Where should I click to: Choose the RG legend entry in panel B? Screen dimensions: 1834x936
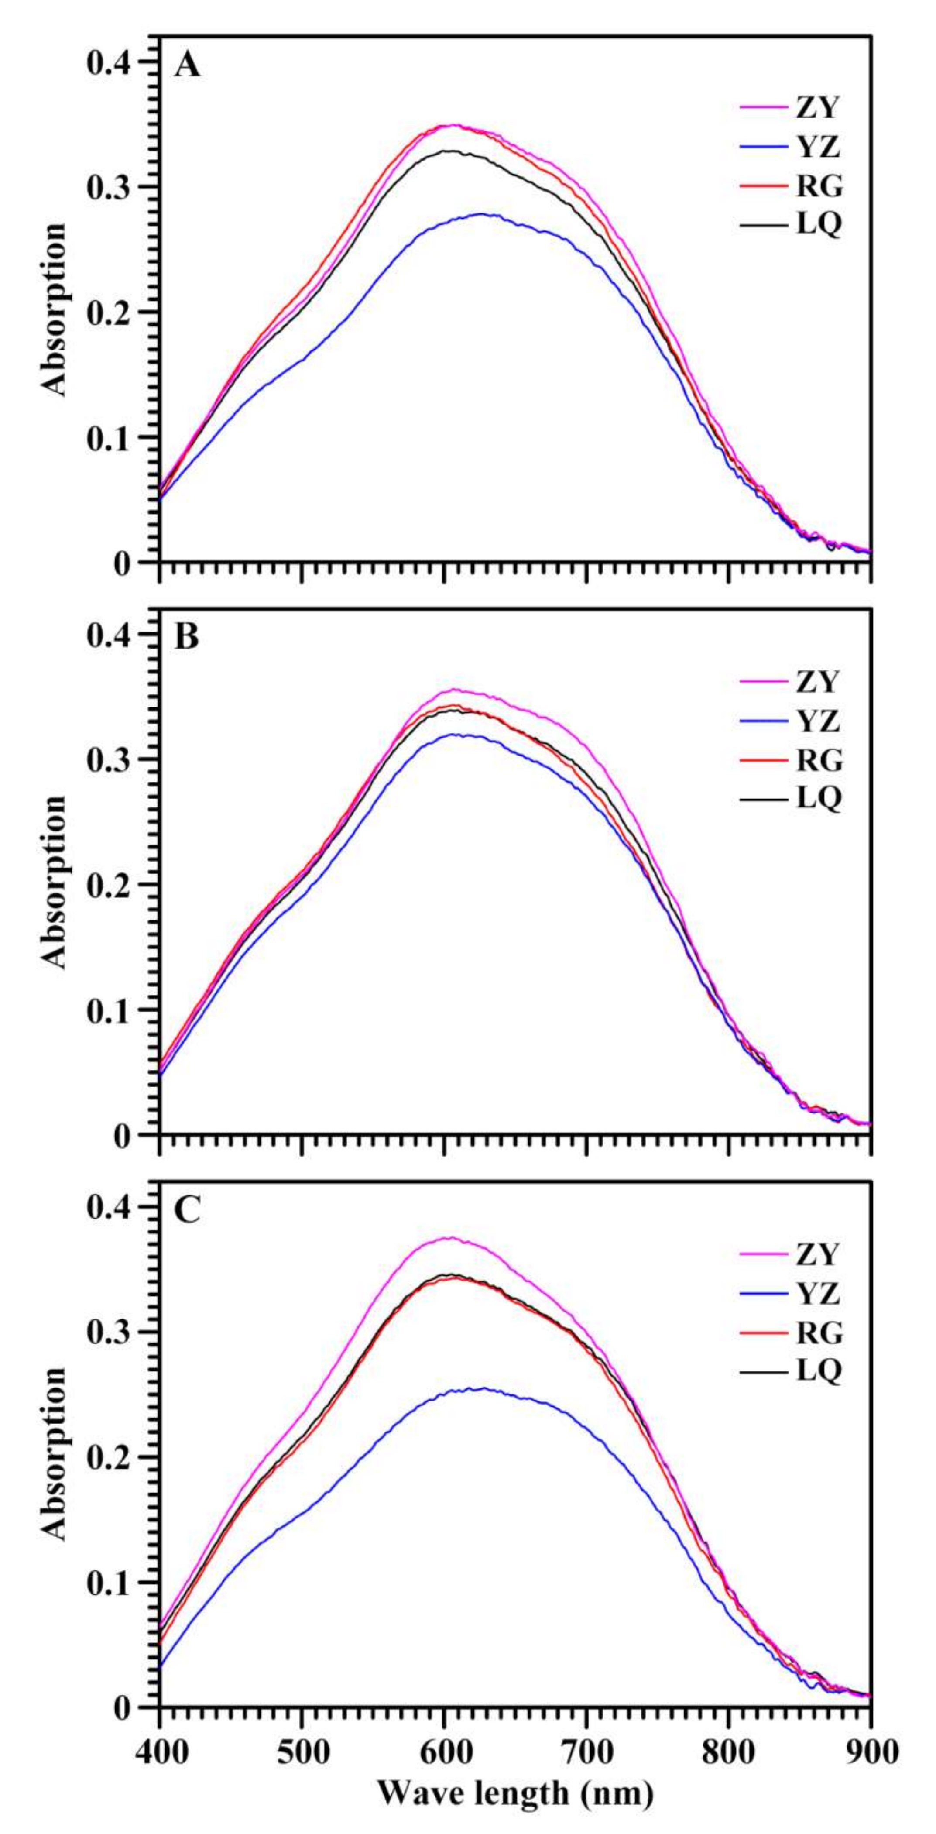(819, 760)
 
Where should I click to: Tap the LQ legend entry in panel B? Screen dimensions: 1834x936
(819, 798)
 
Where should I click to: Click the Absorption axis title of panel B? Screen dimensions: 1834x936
(53, 883)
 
